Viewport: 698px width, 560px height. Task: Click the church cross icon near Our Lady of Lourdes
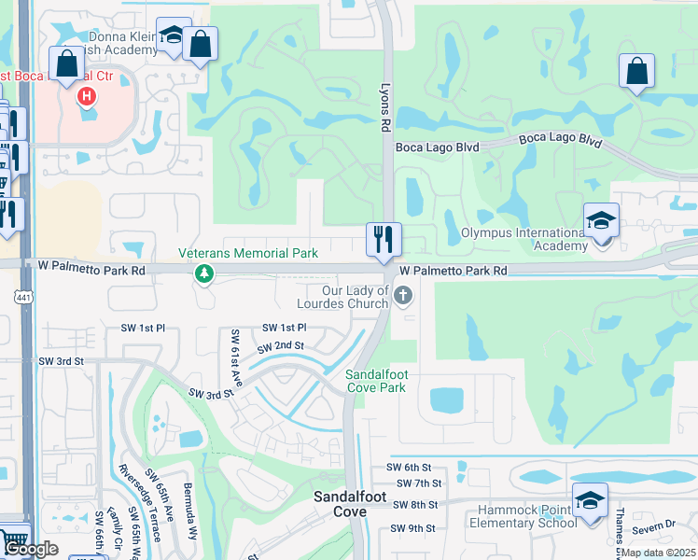(403, 297)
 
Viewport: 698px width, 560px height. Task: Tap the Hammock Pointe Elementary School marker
(589, 501)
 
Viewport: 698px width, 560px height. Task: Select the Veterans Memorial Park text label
(248, 253)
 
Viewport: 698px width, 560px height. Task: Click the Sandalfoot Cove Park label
(375, 381)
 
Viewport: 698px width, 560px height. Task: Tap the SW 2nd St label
(284, 345)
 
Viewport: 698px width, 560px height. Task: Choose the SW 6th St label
(412, 467)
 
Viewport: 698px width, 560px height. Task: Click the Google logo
(31, 549)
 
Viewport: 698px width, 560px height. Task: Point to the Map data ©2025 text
(657, 553)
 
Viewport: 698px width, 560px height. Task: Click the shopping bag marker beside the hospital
(67, 65)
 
